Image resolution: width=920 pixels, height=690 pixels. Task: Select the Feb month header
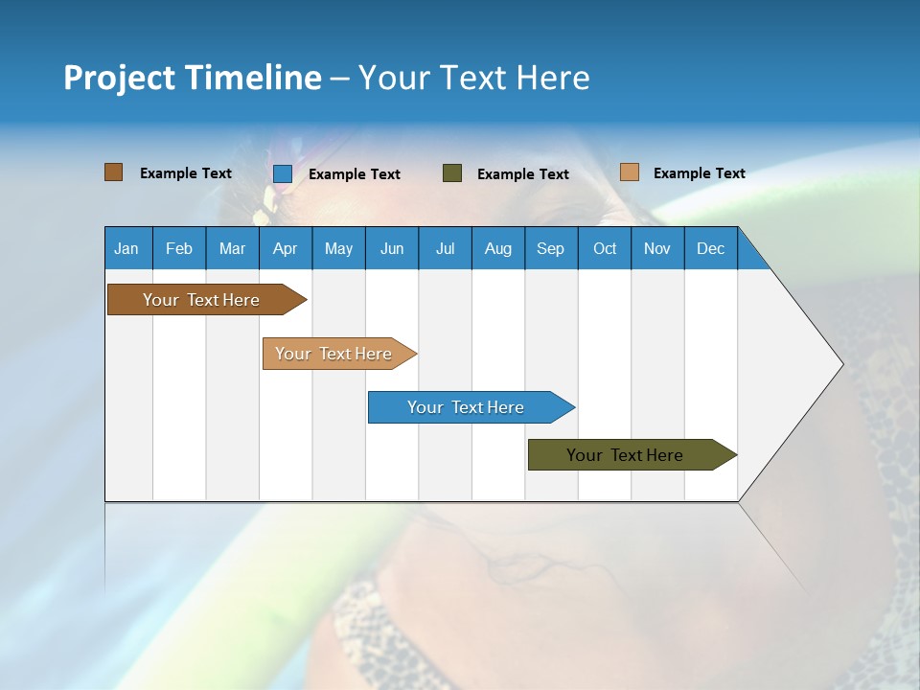coord(179,248)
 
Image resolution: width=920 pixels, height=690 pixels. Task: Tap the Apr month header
coord(286,248)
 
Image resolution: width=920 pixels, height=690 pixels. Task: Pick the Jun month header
coord(392,248)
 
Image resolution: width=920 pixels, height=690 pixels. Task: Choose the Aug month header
coord(498,248)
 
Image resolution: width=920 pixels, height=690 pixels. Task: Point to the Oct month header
coord(605,248)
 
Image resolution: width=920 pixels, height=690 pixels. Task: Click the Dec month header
coord(710,248)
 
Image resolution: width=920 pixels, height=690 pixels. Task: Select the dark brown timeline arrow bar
coord(207,300)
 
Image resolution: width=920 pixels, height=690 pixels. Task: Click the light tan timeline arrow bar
coord(339,354)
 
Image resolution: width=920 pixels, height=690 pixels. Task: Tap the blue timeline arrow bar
coord(471,407)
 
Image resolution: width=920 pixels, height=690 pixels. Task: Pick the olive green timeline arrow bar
coord(632,454)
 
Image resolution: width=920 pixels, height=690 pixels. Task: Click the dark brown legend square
coord(114,172)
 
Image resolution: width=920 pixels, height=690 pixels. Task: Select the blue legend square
coord(283,173)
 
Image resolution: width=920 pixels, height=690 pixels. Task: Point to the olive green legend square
coord(452,173)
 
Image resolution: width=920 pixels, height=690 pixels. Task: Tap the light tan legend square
coord(630,172)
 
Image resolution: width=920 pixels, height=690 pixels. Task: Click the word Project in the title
coord(119,79)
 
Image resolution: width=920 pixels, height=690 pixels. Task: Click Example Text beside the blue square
coord(355,174)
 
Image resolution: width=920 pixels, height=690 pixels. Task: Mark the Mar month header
coord(232,248)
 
